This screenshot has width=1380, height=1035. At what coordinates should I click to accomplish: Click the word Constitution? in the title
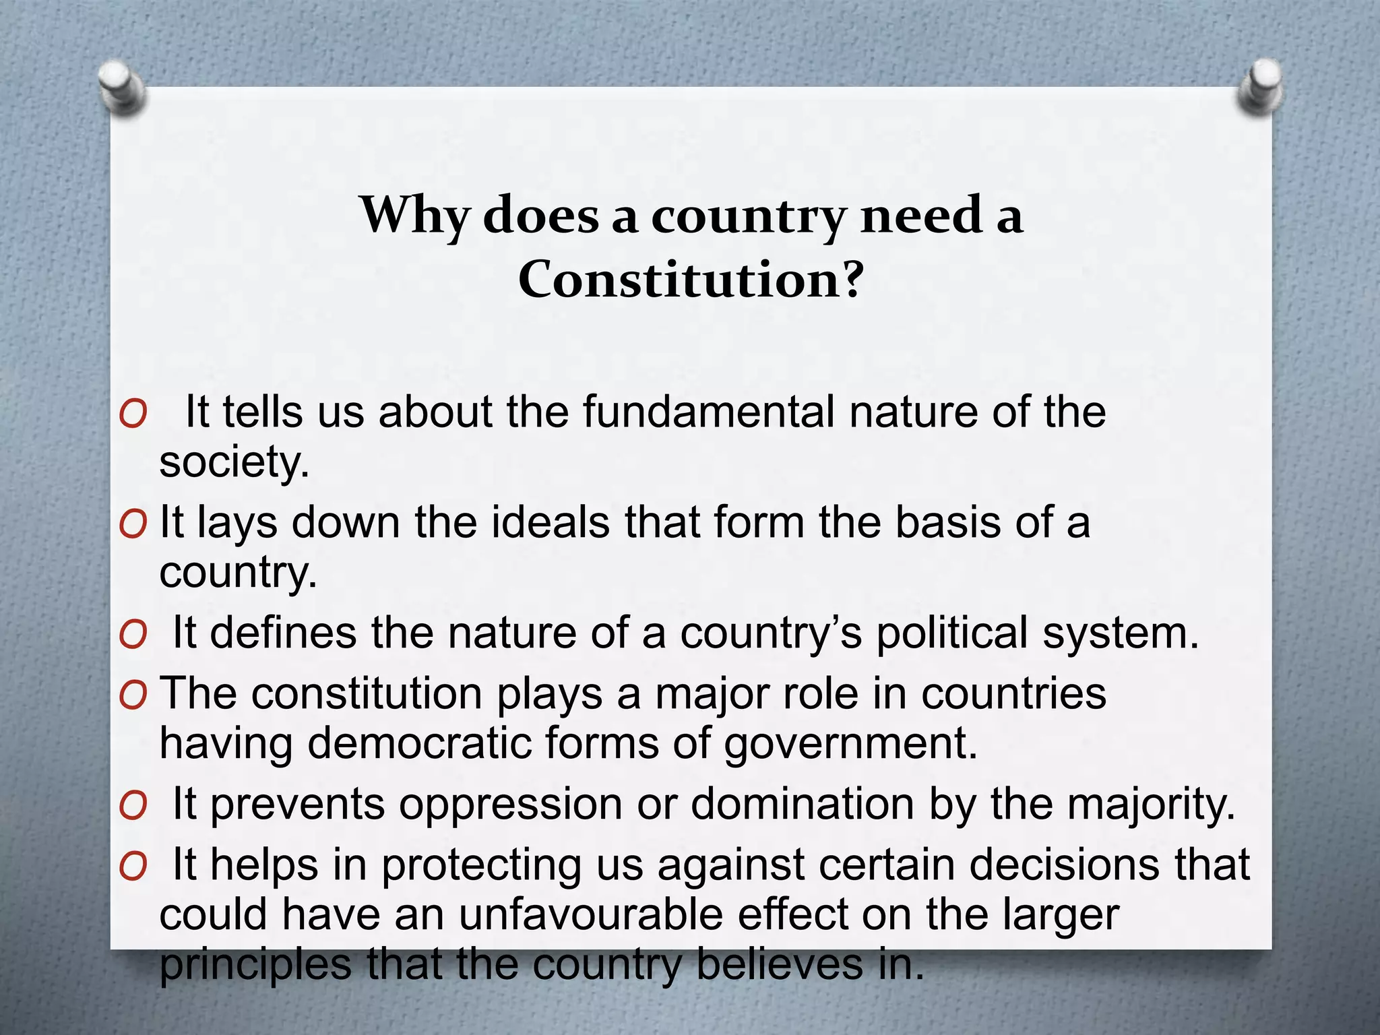[691, 280]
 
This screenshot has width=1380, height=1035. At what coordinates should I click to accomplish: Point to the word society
[234, 463]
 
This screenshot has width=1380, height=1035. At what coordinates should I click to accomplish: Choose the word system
[1121, 633]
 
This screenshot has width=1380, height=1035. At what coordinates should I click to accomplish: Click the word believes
[780, 964]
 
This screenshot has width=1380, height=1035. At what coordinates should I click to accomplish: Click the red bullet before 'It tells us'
[133, 414]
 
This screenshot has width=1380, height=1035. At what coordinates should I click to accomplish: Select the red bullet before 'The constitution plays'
[133, 695]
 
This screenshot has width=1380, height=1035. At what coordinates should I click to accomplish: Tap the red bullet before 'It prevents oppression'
[133, 807]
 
